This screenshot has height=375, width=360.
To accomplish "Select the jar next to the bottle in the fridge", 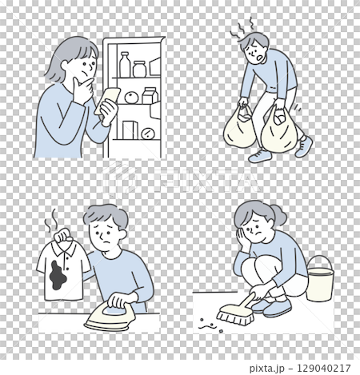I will pos(140,68).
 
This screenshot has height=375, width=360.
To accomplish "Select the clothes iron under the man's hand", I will pos(113,317).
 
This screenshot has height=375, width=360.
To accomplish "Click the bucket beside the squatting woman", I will pos(320,278).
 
